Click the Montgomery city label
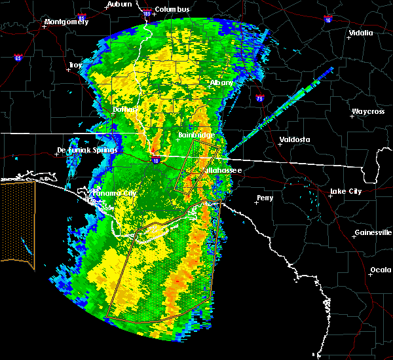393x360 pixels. point(65,22)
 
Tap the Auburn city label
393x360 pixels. point(119,4)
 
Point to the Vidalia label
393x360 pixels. point(361,32)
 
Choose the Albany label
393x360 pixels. point(221,82)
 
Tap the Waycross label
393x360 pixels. point(367,111)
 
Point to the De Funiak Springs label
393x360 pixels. point(87,150)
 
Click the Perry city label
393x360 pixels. point(265,197)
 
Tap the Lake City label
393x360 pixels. point(345,191)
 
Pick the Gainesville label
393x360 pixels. point(373,232)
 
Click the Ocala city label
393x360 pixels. point(381,269)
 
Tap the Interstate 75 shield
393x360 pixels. point(260,99)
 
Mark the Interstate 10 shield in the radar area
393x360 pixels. point(155,159)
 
